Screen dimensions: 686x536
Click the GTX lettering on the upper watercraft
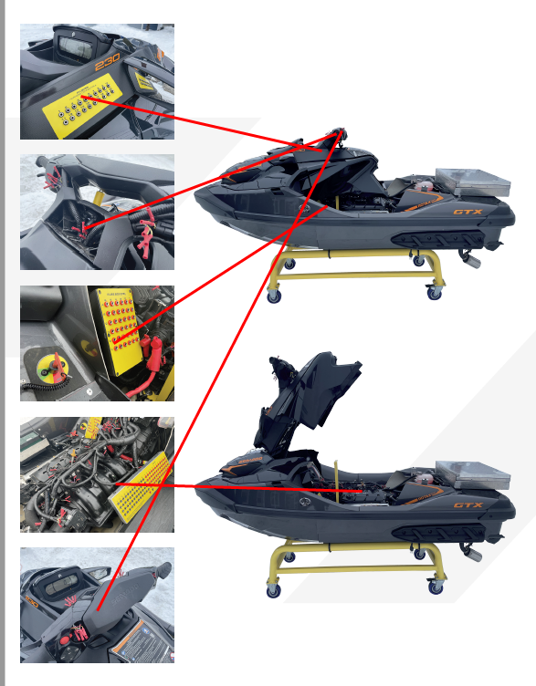click(467, 213)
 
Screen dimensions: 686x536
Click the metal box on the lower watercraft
click(472, 472)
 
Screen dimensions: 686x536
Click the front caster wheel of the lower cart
click(273, 589)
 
